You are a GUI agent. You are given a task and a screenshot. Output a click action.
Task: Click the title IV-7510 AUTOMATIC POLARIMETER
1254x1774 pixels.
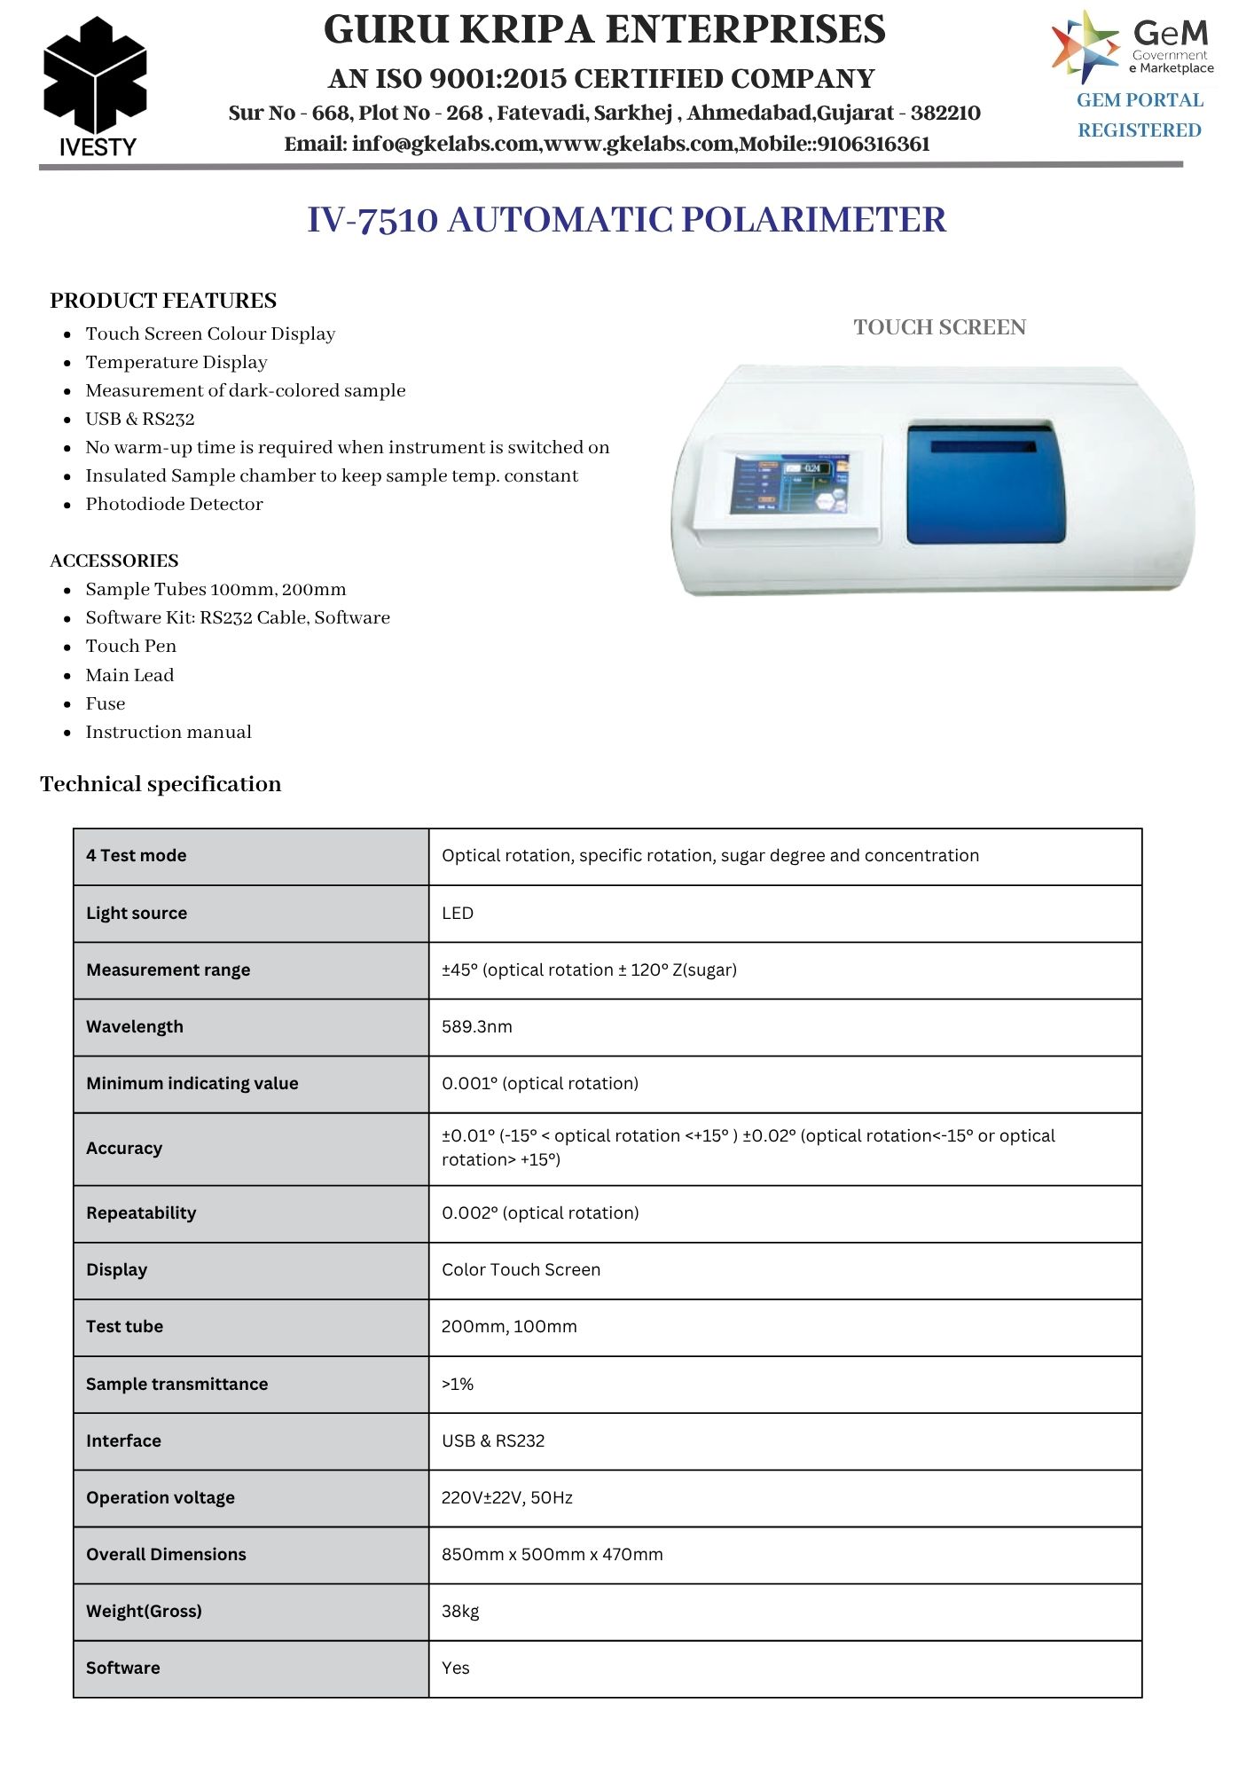[626, 219]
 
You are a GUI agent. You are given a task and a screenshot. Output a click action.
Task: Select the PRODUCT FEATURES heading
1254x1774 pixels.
[163, 301]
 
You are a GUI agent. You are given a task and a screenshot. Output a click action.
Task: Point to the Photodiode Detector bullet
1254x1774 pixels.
[174, 504]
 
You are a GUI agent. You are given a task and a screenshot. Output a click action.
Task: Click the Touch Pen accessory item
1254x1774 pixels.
[130, 646]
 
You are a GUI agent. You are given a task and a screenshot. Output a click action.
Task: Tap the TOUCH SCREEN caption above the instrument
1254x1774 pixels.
[939, 327]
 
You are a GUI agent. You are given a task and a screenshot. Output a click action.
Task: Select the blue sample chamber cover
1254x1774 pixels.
[984, 483]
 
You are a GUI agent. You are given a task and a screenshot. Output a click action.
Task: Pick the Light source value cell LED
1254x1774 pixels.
[458, 913]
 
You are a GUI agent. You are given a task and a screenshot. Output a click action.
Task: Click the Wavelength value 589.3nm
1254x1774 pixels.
[477, 1026]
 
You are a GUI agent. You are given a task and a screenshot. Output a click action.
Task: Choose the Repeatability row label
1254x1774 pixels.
[141, 1213]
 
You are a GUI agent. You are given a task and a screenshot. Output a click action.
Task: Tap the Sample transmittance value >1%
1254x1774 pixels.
[458, 1384]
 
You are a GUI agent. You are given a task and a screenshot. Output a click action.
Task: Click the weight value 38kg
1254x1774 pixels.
[460, 1611]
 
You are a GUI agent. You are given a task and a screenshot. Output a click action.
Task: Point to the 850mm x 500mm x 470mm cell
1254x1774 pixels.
[552, 1554]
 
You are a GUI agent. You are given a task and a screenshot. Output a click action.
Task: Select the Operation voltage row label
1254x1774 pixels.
[161, 1497]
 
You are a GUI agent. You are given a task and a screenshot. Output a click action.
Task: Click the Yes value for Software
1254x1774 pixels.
[456, 1668]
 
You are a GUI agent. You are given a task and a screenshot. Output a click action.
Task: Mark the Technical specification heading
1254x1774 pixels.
[161, 784]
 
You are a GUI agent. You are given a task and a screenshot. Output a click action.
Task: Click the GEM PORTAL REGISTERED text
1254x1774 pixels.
[1140, 115]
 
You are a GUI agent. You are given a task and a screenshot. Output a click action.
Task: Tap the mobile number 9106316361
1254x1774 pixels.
[874, 144]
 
